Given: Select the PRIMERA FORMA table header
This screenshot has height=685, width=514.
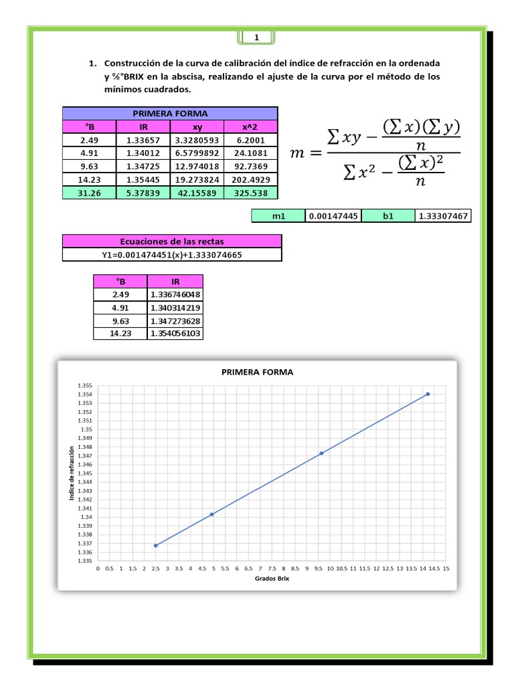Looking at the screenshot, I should [170, 113].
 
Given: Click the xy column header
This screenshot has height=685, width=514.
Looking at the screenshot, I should [197, 126].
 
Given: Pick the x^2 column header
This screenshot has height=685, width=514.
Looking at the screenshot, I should [250, 126].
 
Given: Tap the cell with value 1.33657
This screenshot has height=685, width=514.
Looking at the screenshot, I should [143, 140].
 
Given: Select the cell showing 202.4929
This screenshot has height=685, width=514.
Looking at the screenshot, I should [250, 179].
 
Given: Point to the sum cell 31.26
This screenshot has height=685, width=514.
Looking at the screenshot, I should [89, 193].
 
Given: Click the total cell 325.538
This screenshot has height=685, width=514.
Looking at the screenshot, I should [250, 193].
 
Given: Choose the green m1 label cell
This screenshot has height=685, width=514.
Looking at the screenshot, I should [278, 216].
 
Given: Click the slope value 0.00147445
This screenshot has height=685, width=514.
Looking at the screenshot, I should [333, 216].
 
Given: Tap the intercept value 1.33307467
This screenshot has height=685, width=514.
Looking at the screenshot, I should [443, 216].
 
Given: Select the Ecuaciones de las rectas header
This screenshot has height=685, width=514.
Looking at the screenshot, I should [172, 241].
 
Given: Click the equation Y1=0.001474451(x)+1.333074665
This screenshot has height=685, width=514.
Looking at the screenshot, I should [172, 254].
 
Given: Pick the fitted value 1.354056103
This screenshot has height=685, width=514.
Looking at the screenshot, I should [176, 333].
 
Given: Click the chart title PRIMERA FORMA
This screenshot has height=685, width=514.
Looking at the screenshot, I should [257, 373].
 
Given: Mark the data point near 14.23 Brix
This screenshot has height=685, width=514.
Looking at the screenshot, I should [428, 394].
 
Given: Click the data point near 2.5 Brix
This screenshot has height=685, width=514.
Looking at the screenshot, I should [156, 545].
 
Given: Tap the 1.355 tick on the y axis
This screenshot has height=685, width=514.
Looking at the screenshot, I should [84, 386].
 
